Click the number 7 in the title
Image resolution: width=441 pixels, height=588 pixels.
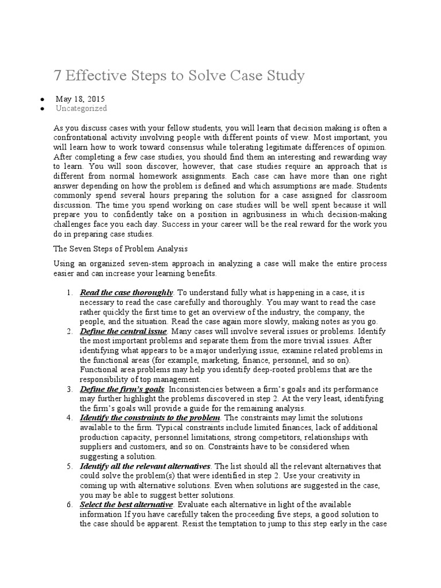click(x=58, y=76)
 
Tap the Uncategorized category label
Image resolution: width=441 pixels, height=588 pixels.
click(x=81, y=108)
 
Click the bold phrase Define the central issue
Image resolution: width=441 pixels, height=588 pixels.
click(x=123, y=331)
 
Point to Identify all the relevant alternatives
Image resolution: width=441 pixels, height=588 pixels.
click(x=146, y=464)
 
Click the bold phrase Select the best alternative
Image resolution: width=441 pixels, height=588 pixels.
click(x=126, y=504)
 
